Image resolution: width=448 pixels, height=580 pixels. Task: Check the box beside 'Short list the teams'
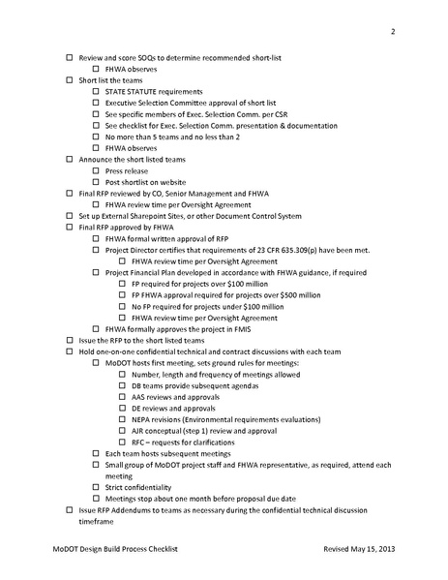(69, 80)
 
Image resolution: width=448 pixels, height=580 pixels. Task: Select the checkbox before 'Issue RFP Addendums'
(69, 508)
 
